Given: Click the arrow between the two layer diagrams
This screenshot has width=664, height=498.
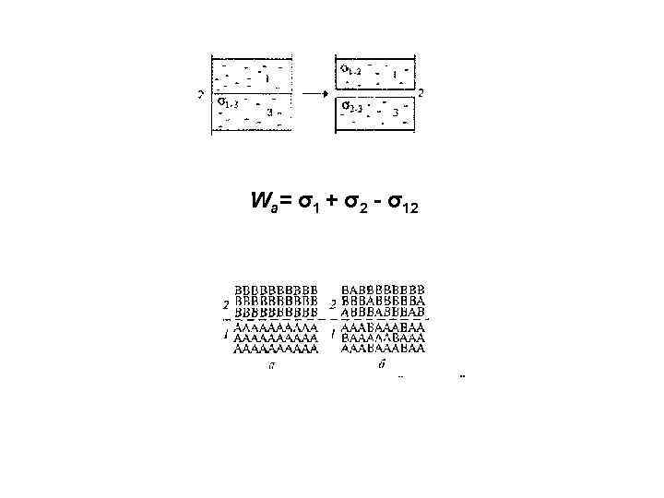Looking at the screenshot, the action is point(314,93).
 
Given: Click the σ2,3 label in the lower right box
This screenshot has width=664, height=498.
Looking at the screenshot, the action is point(352,105).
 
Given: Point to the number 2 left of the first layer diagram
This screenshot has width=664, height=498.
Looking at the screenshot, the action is point(200,93).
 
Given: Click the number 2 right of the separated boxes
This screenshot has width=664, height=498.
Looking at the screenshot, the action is point(421,92).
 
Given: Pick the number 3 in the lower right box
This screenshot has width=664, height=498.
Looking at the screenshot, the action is point(395,112).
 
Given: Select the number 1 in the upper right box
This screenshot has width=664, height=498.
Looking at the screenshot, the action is point(394,73).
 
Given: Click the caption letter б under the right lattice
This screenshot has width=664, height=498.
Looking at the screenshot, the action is point(383,364).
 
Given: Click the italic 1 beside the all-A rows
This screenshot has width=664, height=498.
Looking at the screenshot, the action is point(226,336).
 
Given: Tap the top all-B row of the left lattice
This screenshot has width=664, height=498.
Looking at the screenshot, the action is point(276,290).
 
